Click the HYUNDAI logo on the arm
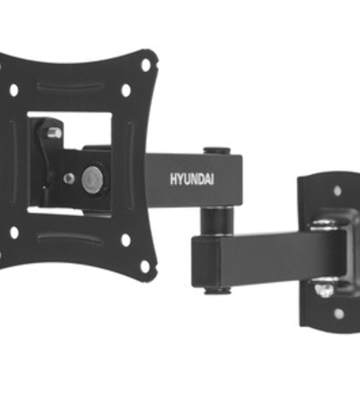(x=192, y=179)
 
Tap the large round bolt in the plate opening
(x=93, y=179)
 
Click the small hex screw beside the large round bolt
(x=69, y=178)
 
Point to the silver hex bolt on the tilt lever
(x=54, y=133)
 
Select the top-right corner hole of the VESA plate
(x=146, y=65)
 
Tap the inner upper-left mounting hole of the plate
(x=14, y=90)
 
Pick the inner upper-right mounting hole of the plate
(x=126, y=90)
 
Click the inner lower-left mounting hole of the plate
(x=14, y=233)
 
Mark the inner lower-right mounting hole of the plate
(x=126, y=240)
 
